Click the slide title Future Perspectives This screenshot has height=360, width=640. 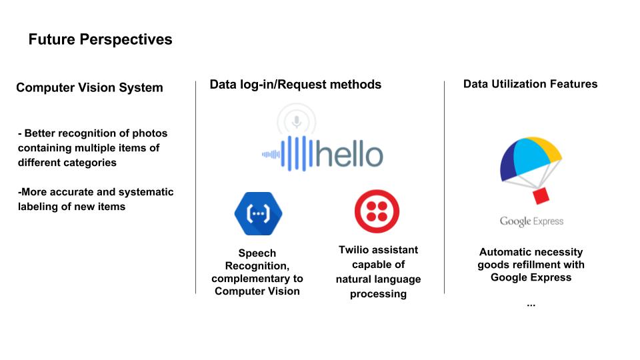(101, 39)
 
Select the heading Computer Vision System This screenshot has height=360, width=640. (89, 88)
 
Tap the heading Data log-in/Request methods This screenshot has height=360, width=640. (295, 85)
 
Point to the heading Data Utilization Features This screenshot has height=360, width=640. (530, 84)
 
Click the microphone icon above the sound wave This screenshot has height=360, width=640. (297, 121)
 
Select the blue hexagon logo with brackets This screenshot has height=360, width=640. (259, 213)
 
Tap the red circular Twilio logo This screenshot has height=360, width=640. (377, 211)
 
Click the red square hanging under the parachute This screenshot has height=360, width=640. (541, 195)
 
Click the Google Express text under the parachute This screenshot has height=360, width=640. (531, 221)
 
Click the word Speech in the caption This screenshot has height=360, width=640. (257, 253)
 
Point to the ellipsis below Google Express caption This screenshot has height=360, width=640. (531, 305)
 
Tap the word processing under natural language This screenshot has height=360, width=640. (379, 294)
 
